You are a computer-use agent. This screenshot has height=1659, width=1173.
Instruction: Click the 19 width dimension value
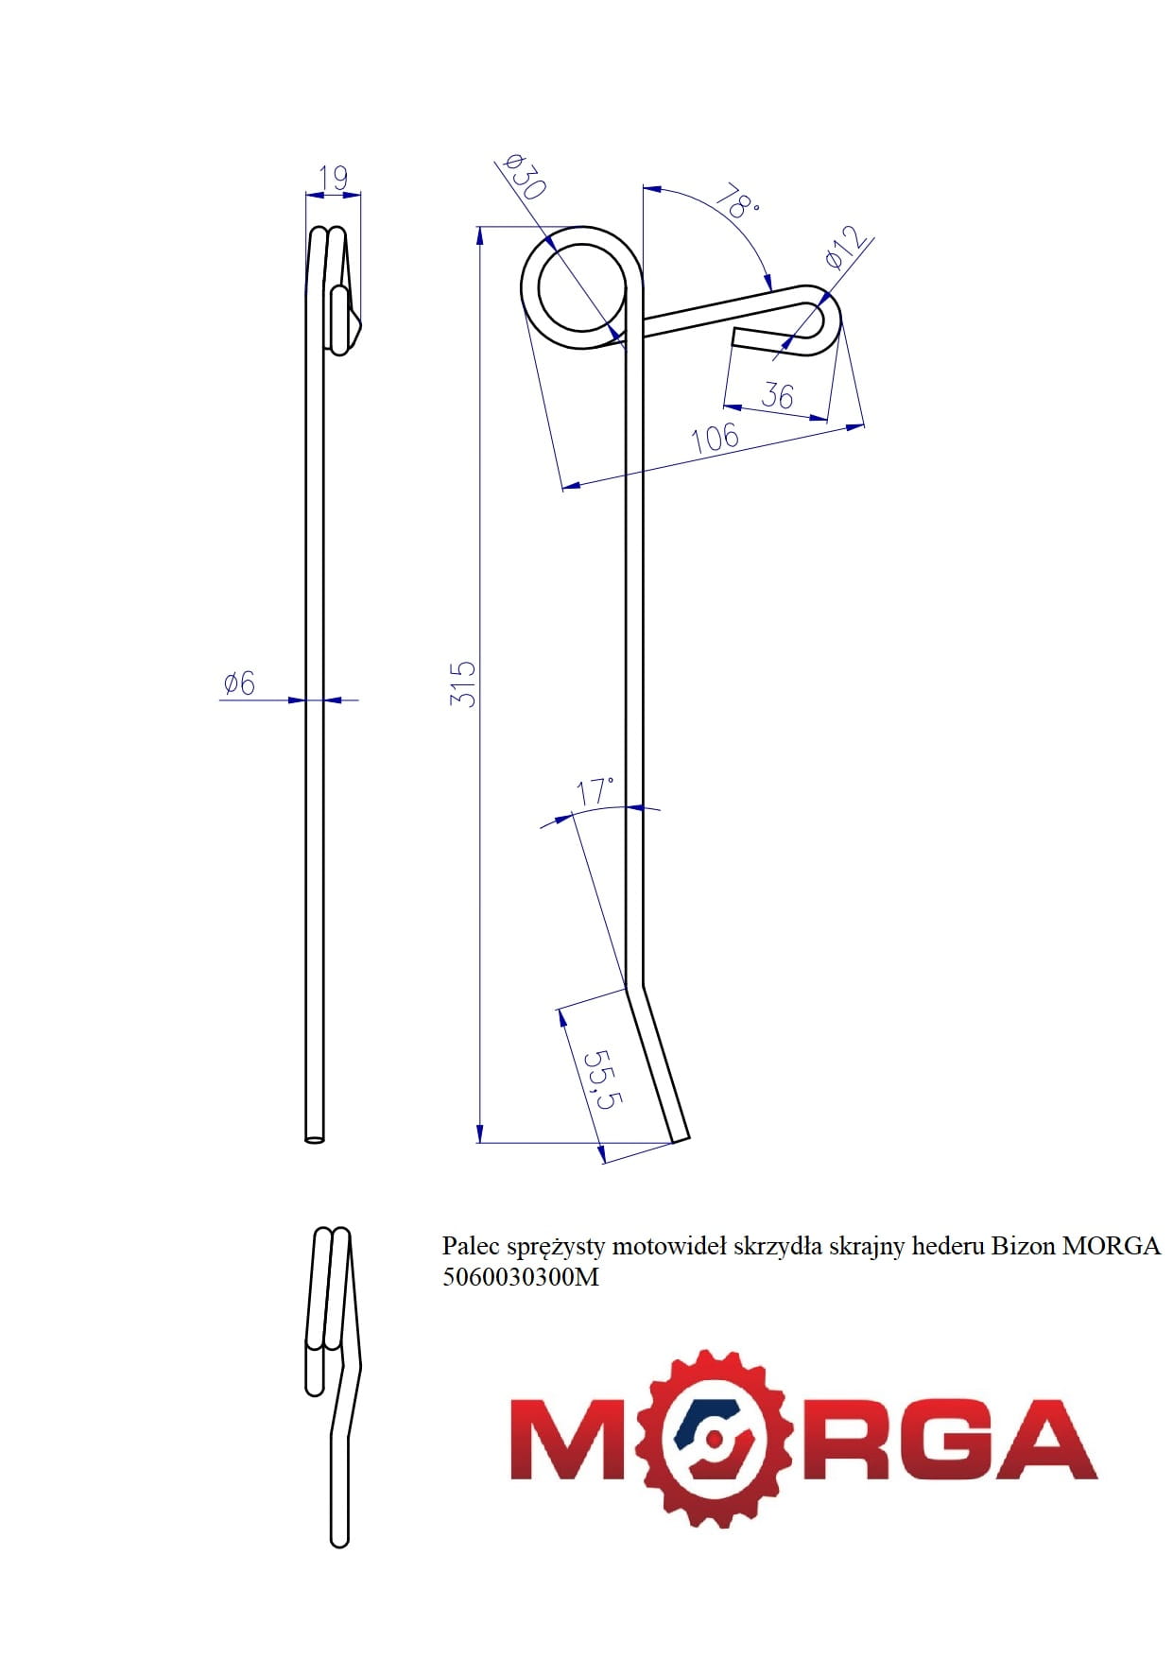[334, 177]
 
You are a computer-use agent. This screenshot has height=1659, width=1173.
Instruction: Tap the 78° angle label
[736, 202]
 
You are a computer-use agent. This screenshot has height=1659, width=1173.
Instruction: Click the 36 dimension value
[777, 394]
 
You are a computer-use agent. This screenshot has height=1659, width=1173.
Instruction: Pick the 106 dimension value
[715, 438]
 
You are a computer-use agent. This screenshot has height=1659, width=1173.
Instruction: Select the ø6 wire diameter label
[239, 682]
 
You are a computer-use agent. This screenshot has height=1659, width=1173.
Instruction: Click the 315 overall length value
[463, 683]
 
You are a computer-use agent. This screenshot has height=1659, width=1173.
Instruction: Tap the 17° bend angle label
[595, 791]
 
